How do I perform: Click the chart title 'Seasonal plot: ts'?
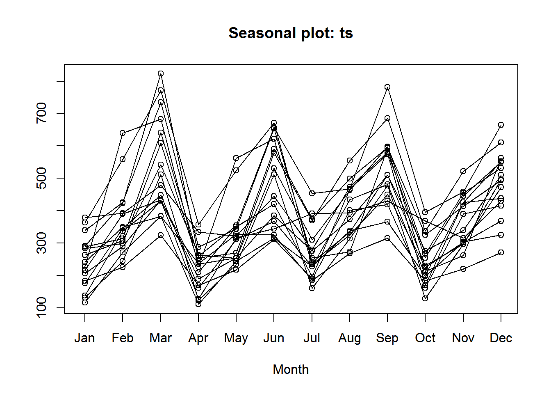pyautogui.click(x=291, y=33)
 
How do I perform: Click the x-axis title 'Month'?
pyautogui.click(x=291, y=369)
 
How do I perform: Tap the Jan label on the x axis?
pyautogui.click(x=85, y=338)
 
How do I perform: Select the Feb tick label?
pyautogui.click(x=123, y=338)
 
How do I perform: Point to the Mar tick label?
pyautogui.click(x=160, y=338)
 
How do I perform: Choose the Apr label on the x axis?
pyautogui.click(x=198, y=338)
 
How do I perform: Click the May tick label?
pyautogui.click(x=236, y=338)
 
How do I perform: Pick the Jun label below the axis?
pyautogui.click(x=274, y=338)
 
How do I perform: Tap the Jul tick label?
pyautogui.click(x=312, y=338)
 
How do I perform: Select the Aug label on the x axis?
pyautogui.click(x=350, y=338)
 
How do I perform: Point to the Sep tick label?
pyautogui.click(x=387, y=338)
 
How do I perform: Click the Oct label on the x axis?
pyautogui.click(x=425, y=338)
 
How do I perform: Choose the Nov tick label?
pyautogui.click(x=463, y=338)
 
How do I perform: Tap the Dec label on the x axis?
pyautogui.click(x=501, y=338)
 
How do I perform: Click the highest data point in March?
pyautogui.click(x=161, y=73)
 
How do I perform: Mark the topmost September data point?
pyautogui.click(x=387, y=87)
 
